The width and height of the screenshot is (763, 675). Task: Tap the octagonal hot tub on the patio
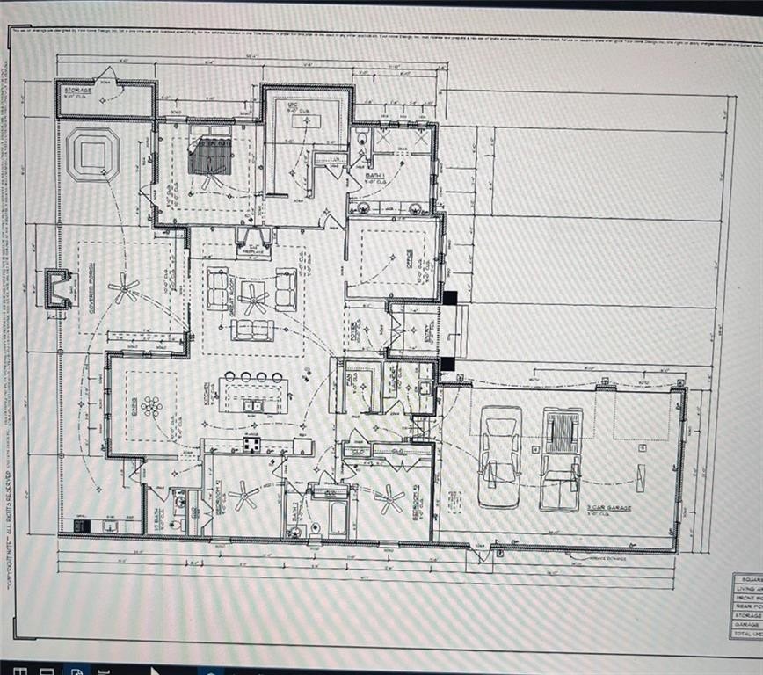[93, 155]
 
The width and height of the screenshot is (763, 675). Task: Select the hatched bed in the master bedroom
[212, 156]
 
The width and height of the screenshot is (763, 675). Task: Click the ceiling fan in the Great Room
[254, 299]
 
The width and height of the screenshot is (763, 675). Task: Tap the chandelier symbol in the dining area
[151, 405]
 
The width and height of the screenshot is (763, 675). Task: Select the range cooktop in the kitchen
[251, 445]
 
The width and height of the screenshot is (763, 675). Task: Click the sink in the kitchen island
[251, 405]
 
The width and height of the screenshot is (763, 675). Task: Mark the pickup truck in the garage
[560, 457]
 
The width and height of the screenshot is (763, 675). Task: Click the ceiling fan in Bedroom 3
[388, 499]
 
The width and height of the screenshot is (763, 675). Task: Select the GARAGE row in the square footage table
[746, 624]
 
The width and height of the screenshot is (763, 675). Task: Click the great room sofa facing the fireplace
[252, 330]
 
